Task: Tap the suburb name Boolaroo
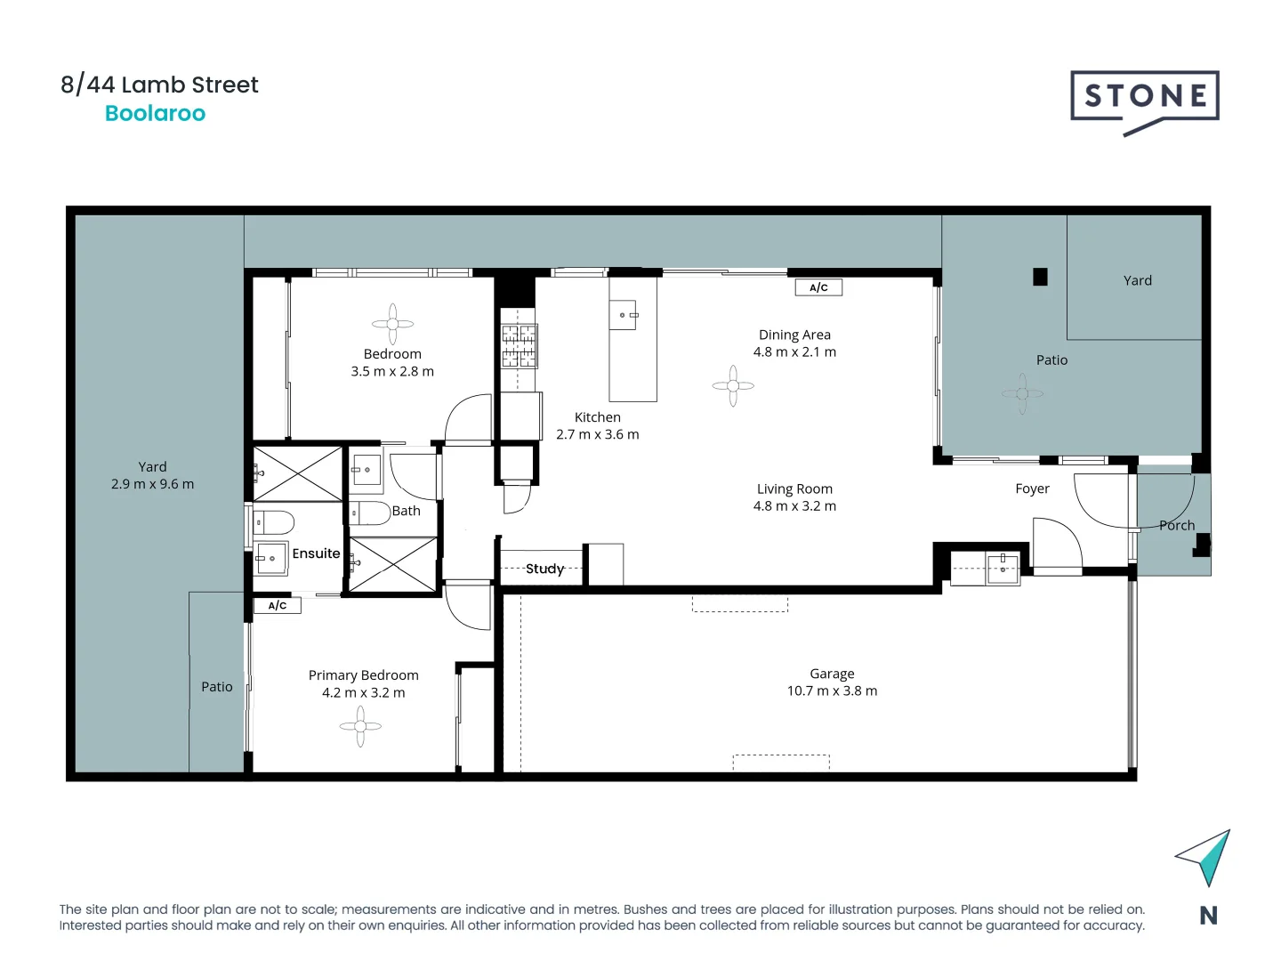coord(155,114)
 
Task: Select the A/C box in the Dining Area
coord(818,287)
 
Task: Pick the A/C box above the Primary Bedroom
coord(278,606)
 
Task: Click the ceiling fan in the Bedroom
coord(392,324)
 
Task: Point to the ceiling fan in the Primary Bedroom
coord(360,726)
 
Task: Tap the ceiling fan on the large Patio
coord(1022,393)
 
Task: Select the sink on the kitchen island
coord(624,315)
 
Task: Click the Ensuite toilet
coord(275,521)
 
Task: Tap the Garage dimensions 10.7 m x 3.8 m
coord(832,691)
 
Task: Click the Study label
coord(544,569)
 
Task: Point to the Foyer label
coord(1032,489)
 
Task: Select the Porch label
coord(1176,525)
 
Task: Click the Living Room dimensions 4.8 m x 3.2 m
coord(794,506)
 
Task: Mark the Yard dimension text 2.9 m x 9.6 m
coord(152,484)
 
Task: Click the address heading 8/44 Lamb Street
coord(159,85)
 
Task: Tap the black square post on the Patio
coord(1040,277)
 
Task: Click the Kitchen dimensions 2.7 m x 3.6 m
coord(597,435)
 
